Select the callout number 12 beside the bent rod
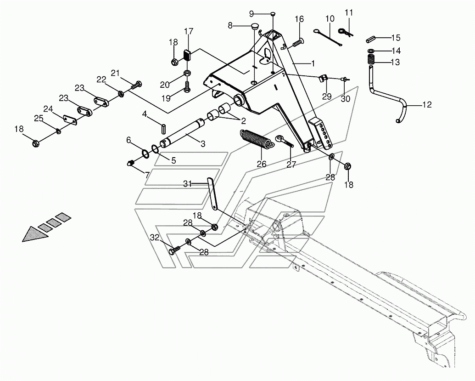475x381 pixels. tap(426, 105)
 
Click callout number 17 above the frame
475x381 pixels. tap(189, 31)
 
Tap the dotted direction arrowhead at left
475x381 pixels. tap(35, 233)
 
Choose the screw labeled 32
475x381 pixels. tap(173, 250)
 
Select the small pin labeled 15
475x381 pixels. tap(372, 38)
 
